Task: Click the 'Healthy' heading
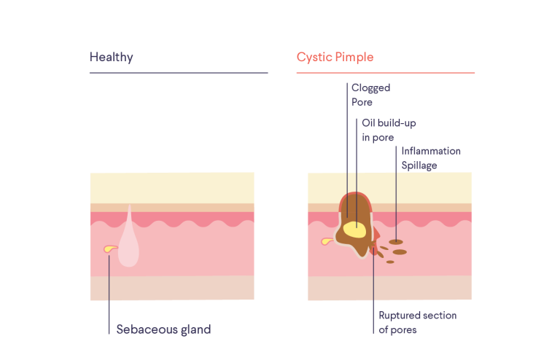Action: (111, 57)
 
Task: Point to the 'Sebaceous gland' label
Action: (163, 329)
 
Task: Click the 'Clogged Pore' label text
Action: (370, 95)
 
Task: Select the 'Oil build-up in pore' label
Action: (389, 130)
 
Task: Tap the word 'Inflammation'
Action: (431, 151)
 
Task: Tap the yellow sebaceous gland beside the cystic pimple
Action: (327, 241)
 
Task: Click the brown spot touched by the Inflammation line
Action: (395, 241)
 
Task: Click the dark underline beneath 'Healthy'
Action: (178, 73)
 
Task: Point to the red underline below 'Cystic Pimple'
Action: (385, 73)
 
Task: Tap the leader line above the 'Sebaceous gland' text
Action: (109, 291)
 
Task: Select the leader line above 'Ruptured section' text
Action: (373, 284)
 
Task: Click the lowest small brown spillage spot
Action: (390, 262)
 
